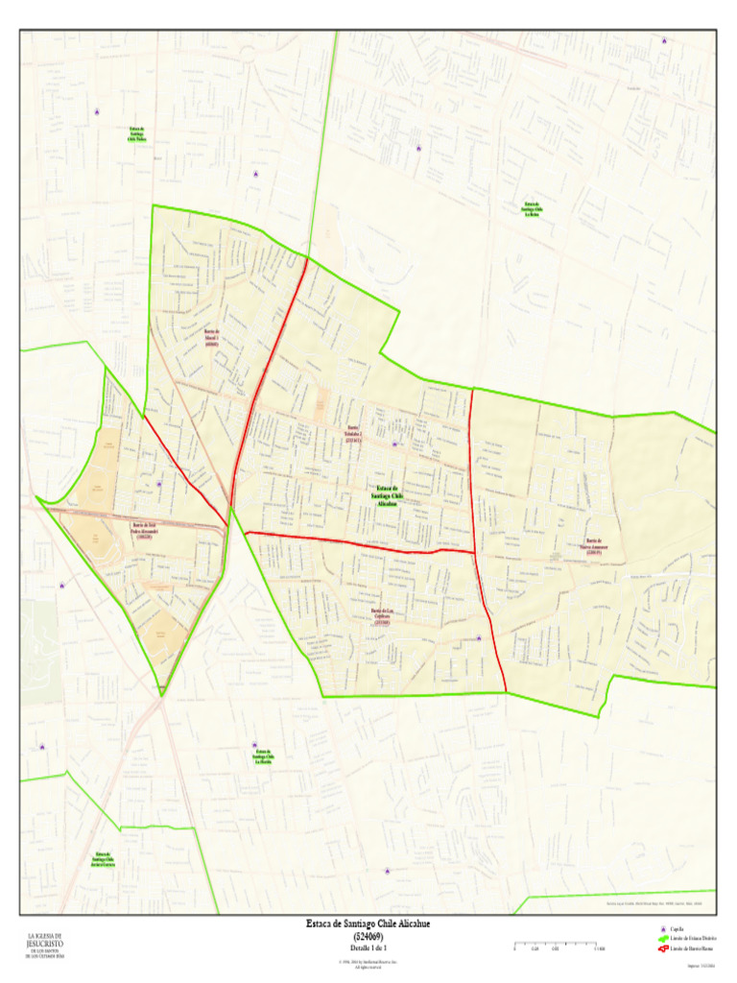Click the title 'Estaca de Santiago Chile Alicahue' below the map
[x=368, y=924]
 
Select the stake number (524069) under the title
[x=368, y=935]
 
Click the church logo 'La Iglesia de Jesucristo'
[x=44, y=945]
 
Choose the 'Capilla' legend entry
[x=677, y=929]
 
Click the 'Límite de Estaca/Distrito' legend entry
[x=691, y=939]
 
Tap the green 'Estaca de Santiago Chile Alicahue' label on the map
[x=387, y=495]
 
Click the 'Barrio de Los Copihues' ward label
[x=383, y=615]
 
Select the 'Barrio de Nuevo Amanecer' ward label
[x=595, y=547]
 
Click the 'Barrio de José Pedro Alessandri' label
[x=145, y=530]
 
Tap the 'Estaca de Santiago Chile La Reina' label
[x=532, y=209]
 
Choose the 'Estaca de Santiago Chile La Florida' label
[x=263, y=757]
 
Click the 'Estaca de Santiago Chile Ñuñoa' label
[x=137, y=133]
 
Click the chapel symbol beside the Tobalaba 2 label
[x=394, y=444]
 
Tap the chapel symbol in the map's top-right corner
[x=663, y=40]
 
